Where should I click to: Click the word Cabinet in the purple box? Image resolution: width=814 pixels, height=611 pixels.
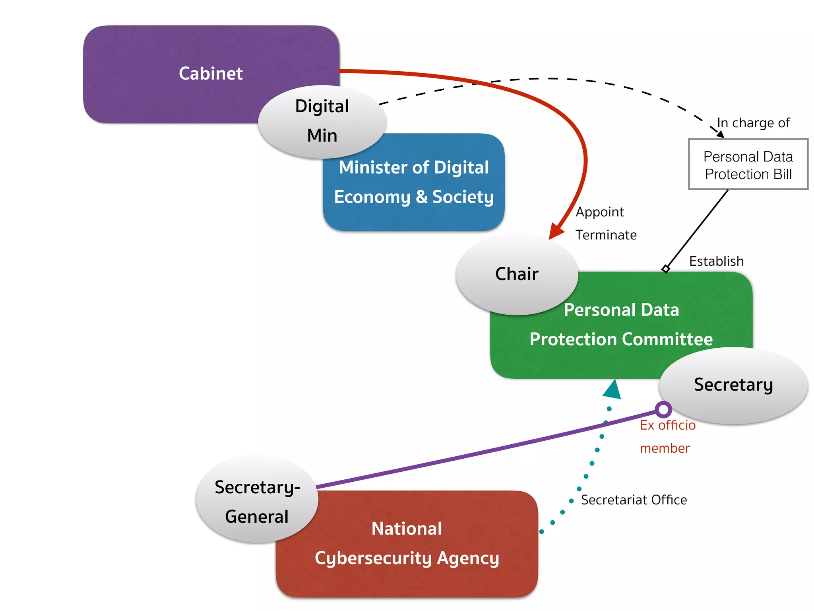211,74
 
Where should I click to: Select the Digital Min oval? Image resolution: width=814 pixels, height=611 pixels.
322,121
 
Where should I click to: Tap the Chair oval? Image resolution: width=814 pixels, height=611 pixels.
517,274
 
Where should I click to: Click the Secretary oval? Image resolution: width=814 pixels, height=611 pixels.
733,385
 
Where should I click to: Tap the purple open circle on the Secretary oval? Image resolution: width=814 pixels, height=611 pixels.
663,409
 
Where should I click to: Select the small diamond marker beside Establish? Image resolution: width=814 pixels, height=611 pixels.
666,269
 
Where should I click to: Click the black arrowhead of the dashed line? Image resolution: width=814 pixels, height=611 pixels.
720,134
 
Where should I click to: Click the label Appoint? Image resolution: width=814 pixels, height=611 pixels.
600,212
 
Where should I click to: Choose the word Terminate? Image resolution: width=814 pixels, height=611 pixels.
606,235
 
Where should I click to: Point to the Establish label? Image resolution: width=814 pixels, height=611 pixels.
716,261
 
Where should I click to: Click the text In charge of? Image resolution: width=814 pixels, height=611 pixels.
754,123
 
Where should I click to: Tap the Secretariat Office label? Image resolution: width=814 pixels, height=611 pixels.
634,500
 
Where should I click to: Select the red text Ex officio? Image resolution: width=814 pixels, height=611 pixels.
668,425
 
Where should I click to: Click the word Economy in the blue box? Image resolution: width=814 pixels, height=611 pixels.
372,197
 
